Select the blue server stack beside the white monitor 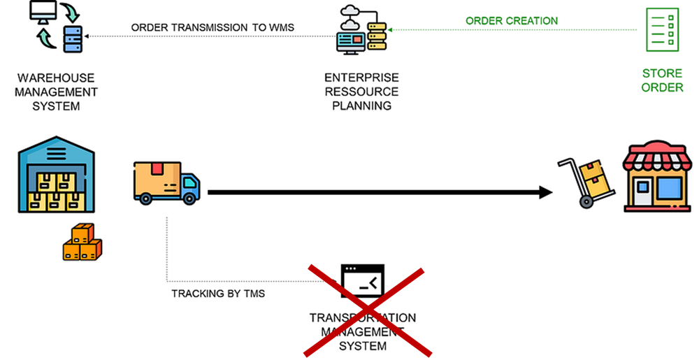click(73, 38)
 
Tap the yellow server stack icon click(377, 36)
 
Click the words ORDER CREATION click(512, 21)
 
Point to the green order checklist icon click(661, 29)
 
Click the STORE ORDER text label click(662, 80)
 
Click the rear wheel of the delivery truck click(145, 199)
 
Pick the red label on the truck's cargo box click(157, 168)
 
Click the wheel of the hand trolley click(586, 202)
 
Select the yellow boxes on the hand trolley click(594, 179)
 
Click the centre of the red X click(367, 310)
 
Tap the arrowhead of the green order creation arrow click(390, 30)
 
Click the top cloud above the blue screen click(350, 10)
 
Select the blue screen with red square click(352, 41)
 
